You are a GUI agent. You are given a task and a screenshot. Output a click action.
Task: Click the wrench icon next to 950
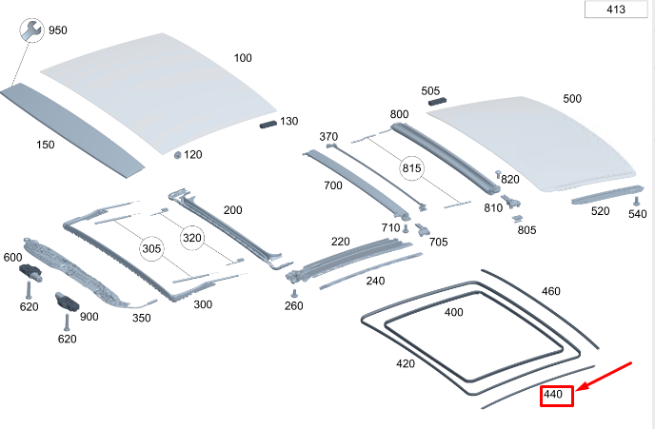(31, 30)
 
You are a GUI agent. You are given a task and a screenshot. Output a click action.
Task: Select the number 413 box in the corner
(616, 10)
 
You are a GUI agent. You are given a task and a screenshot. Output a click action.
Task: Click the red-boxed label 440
(556, 395)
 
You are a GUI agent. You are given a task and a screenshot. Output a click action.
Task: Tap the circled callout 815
(411, 168)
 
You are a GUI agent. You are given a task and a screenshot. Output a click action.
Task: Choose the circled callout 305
(151, 249)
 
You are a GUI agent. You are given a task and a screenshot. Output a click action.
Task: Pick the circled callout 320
(192, 238)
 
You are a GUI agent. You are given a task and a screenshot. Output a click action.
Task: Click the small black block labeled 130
(268, 124)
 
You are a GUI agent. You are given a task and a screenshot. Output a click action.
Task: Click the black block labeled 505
(437, 101)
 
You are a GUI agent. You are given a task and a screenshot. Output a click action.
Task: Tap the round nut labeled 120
(177, 155)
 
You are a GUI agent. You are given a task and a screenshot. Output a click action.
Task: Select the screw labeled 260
(294, 293)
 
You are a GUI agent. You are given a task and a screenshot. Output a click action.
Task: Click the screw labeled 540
(637, 201)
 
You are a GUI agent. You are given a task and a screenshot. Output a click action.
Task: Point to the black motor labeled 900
(67, 301)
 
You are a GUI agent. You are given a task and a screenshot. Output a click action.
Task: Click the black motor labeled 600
(30, 272)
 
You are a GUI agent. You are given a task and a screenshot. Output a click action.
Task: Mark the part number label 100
(243, 58)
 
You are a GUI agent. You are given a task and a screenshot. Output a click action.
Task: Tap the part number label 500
(572, 99)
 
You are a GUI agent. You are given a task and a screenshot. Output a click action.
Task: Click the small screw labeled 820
(498, 174)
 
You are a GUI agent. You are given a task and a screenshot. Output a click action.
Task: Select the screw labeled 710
(406, 228)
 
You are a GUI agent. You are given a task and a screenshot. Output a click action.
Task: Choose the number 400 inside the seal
(454, 312)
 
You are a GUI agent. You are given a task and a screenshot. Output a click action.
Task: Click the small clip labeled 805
(518, 218)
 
